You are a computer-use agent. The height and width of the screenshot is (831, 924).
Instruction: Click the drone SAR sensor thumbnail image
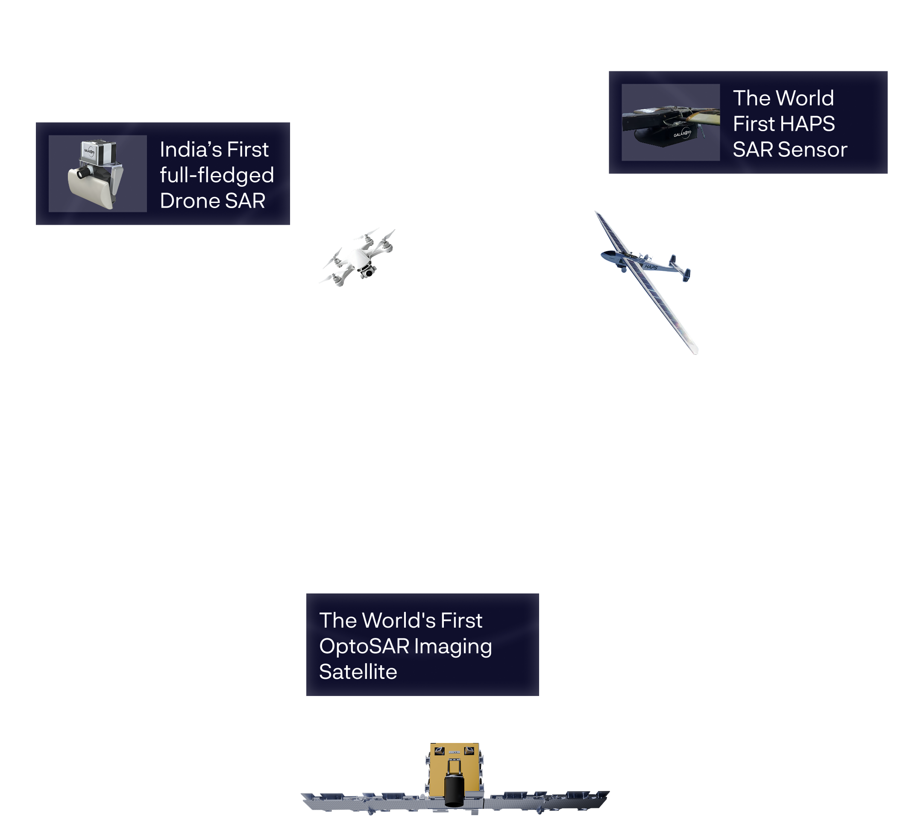click(98, 173)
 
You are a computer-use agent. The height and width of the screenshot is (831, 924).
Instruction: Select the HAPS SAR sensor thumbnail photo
click(671, 122)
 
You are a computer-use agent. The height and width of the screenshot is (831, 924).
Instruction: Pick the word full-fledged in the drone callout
click(217, 176)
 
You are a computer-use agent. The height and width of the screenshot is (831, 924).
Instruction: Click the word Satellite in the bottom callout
click(358, 672)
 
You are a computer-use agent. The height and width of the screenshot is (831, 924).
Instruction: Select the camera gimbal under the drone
click(367, 273)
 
